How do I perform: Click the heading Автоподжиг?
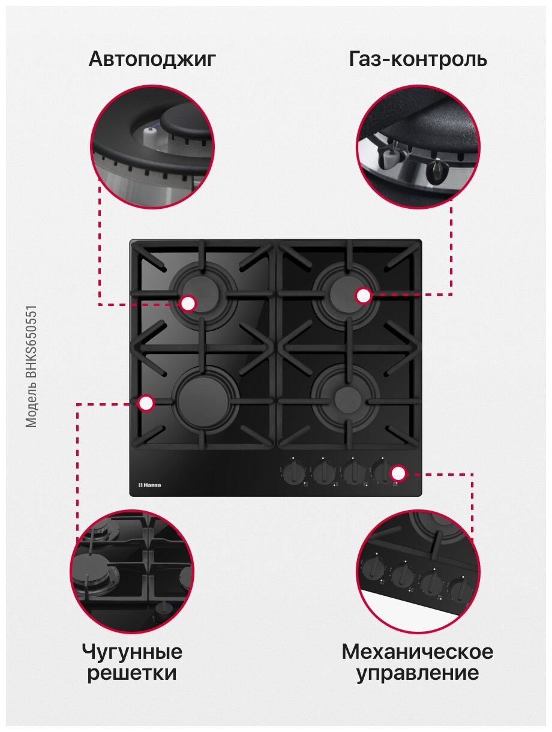[x=152, y=59]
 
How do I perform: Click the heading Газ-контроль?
[x=418, y=59]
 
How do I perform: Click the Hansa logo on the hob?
[x=149, y=485]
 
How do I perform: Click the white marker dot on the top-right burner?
[x=364, y=295]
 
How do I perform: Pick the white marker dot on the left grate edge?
[x=146, y=403]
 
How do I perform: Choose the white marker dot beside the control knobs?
[x=398, y=473]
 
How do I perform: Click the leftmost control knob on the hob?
[x=293, y=472]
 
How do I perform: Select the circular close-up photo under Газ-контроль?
[x=418, y=147]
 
